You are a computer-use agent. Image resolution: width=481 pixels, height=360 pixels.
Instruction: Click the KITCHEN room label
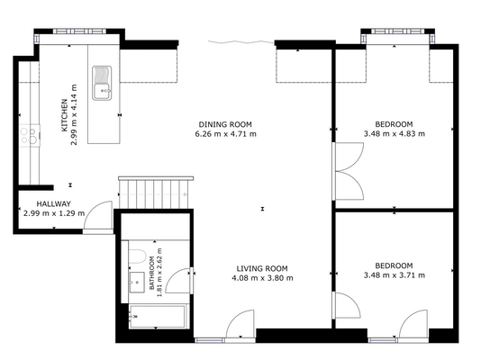pos(64,115)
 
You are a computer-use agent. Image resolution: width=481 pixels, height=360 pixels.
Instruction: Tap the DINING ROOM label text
pos(225,124)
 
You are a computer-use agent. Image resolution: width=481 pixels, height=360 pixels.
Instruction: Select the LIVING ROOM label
pos(262,269)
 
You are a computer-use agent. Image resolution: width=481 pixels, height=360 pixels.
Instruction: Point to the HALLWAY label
pos(54,203)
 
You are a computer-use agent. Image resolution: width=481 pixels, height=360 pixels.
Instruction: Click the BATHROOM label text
pos(152,273)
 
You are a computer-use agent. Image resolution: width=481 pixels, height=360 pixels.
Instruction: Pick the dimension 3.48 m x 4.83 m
pos(395,134)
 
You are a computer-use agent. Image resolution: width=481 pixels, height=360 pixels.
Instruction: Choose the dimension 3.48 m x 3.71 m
pos(395,275)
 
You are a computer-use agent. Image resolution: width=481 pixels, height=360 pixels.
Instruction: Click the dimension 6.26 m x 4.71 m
pos(225,134)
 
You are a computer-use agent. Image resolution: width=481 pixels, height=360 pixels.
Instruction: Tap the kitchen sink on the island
pos(102,83)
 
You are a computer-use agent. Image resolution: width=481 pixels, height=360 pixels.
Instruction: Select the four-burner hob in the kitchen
pos(30,135)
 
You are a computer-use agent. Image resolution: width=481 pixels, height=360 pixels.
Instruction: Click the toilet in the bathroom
pos(137,256)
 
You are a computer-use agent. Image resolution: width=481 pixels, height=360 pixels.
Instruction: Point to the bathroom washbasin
pos(137,283)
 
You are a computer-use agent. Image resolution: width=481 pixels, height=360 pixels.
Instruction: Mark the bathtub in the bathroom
pos(157,316)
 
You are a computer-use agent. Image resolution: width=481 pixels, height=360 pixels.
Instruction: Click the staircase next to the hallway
pos(156,193)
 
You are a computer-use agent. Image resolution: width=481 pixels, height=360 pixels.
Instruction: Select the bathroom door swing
pos(178,281)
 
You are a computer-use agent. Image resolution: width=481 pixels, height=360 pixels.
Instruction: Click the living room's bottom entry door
pos(240,325)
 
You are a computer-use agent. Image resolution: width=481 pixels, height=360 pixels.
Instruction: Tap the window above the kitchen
pos(79,31)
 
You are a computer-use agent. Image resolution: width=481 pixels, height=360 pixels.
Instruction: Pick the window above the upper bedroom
pos(398,31)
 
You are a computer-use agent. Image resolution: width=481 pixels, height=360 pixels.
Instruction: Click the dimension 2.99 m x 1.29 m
pos(54,213)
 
